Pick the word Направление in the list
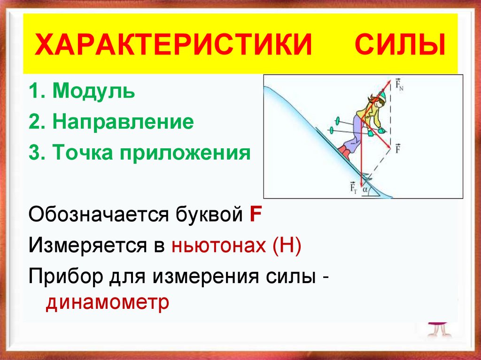tap(123, 123)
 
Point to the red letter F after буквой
tap(256, 215)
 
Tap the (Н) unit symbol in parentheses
tap(285, 245)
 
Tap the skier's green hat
tap(381, 96)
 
